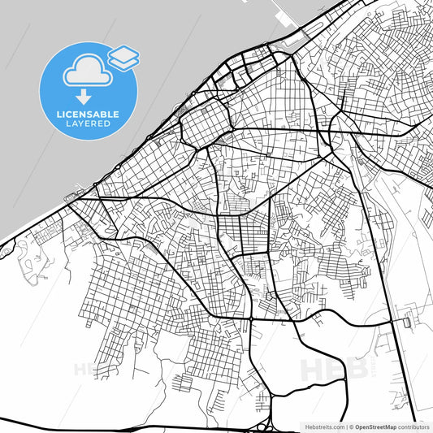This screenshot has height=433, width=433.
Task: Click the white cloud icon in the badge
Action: [84, 68]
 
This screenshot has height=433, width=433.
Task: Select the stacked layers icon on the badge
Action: [123, 56]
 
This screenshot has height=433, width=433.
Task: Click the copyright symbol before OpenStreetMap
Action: [351, 427]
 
